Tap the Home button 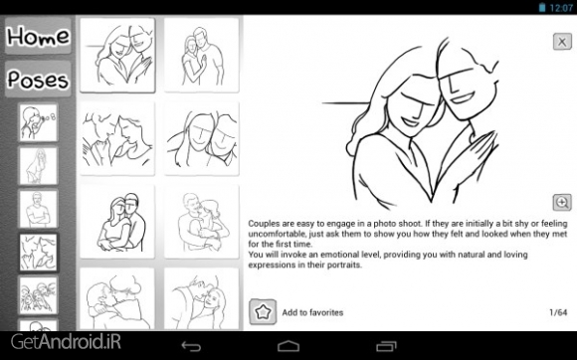(x=38, y=36)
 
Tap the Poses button (x=38, y=79)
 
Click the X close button (x=562, y=41)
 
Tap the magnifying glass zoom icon (x=562, y=202)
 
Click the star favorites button (x=263, y=312)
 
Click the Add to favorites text (x=312, y=312)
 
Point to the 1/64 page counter (x=558, y=312)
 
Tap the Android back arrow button (x=191, y=346)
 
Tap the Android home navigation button (x=288, y=346)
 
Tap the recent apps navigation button (x=386, y=346)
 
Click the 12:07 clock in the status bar (x=561, y=8)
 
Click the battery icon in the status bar (x=541, y=7)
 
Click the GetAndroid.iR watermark (x=66, y=342)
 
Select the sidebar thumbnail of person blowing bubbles (x=38, y=122)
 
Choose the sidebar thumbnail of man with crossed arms (x=38, y=209)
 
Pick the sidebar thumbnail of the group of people (x=38, y=295)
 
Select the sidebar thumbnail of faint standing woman (x=38, y=166)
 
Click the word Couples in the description (x=263, y=224)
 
